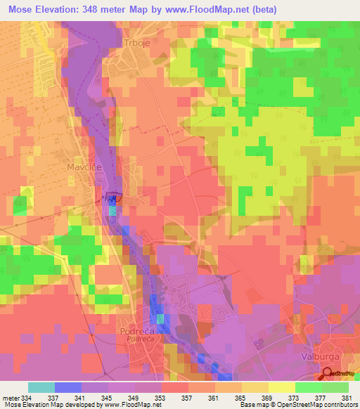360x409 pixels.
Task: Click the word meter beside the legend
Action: (11, 397)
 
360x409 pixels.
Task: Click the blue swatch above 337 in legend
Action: (67, 387)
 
